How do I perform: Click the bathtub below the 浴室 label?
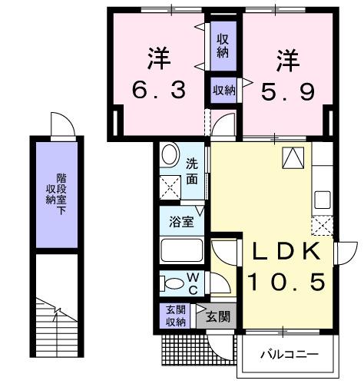pos(181,250)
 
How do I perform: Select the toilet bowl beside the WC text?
pos(172,283)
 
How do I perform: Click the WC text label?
pos(193,282)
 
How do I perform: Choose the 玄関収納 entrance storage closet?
pos(176,316)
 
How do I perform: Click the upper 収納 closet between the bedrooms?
pos(222,46)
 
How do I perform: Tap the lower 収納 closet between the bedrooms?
pos(223,91)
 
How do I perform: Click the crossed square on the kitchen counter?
pos(321,226)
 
